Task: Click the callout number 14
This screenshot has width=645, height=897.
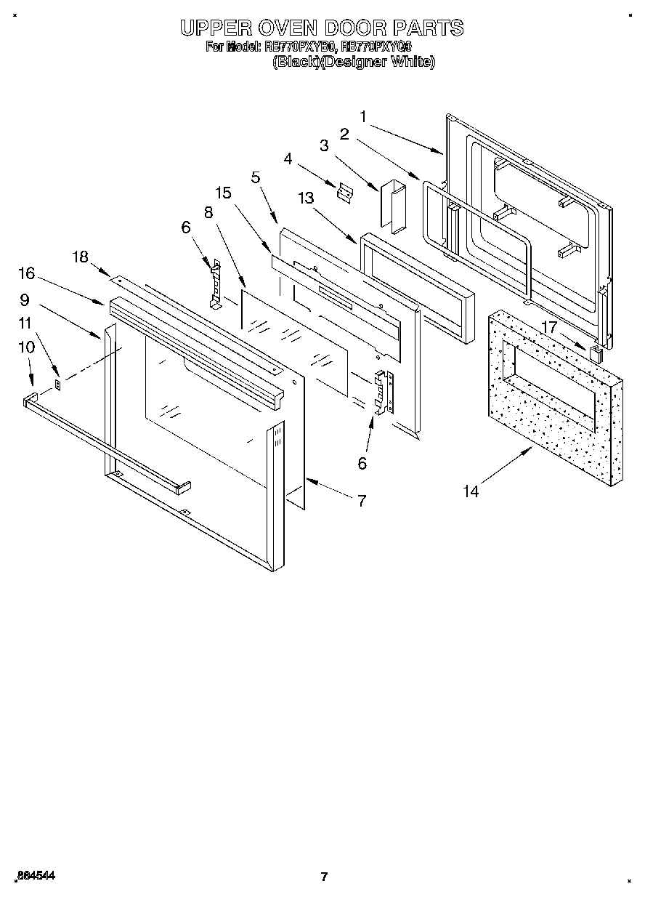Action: (471, 492)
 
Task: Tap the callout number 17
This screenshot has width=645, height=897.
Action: (550, 328)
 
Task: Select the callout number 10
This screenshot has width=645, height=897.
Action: (26, 347)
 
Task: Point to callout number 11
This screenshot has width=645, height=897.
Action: (25, 322)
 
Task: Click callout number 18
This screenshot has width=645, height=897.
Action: (80, 256)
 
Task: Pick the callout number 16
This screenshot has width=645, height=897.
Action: (26, 273)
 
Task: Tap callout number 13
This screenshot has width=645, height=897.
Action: (307, 198)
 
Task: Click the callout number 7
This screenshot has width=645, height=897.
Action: (361, 500)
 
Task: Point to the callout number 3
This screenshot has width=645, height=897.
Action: (324, 145)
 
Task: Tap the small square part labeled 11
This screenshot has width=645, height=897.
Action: (59, 382)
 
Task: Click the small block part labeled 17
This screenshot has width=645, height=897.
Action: (596, 355)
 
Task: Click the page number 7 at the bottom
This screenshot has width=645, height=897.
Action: (324, 877)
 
